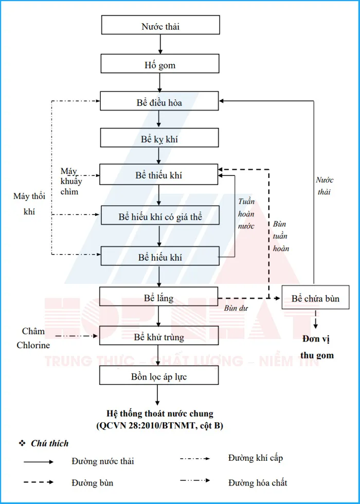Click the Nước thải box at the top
point(160,25)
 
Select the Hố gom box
point(160,64)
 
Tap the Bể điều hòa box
point(159,101)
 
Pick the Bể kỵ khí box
point(159,138)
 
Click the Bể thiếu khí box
point(159,175)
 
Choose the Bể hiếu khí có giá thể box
point(160,216)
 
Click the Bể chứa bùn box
point(315,298)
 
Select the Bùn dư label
point(234,308)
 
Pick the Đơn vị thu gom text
point(317,348)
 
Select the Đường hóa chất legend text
point(258,482)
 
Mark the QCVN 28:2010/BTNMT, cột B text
point(159,425)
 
